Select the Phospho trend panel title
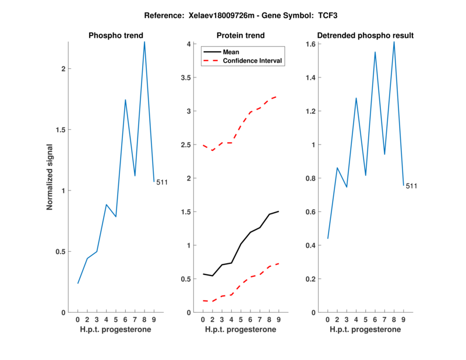pos(116,36)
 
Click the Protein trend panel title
pos(241,36)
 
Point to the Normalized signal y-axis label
pos(50,177)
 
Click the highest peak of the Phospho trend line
pos(144,42)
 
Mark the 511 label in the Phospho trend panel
pos(162,182)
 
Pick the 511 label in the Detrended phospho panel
pos(411,186)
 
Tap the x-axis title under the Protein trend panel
pos(241,330)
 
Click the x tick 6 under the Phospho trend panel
pos(125,320)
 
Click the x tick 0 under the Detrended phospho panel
pos(327,320)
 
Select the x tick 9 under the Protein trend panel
pos(278,320)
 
